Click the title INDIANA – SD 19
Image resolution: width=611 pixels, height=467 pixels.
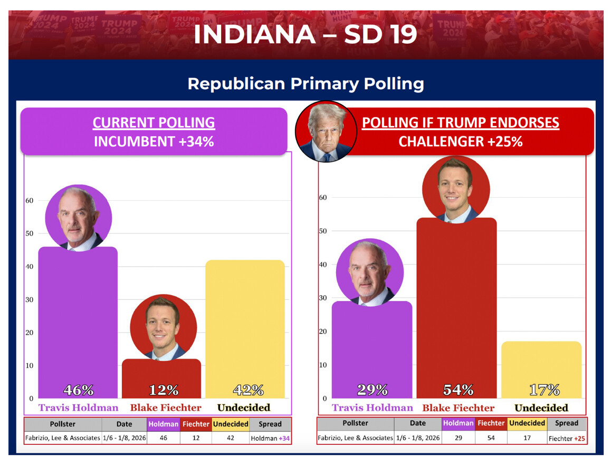(305, 34)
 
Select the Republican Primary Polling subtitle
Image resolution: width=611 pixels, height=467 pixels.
(305, 84)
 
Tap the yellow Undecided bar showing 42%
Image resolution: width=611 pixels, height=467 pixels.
(245, 327)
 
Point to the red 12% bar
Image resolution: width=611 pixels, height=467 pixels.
(161, 377)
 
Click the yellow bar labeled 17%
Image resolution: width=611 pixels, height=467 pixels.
(541, 369)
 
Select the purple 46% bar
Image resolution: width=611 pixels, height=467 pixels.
(78, 322)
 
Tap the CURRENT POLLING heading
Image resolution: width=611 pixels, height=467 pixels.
(154, 123)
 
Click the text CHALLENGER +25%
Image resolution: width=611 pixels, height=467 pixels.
(460, 142)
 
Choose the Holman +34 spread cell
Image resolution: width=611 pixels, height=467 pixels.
(270, 438)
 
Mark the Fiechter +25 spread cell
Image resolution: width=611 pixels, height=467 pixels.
(567, 438)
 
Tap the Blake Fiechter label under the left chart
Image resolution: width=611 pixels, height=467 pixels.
(166, 407)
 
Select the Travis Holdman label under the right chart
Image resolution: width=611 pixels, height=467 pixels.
(373, 407)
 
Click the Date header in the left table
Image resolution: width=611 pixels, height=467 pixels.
(124, 424)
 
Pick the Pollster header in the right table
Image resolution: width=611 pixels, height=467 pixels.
(355, 423)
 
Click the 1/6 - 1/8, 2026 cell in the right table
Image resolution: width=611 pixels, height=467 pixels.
(417, 438)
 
